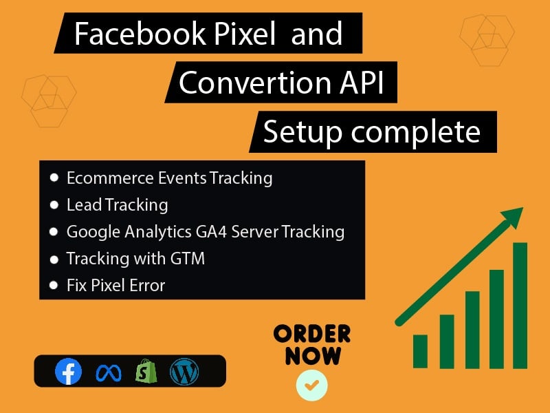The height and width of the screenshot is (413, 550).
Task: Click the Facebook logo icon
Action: [x=68, y=372]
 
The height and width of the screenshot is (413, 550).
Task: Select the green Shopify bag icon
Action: [x=146, y=372]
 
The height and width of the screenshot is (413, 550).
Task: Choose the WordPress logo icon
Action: [x=184, y=372]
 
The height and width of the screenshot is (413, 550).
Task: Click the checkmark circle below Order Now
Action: [x=312, y=385]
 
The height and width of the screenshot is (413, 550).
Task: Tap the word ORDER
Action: [x=312, y=335]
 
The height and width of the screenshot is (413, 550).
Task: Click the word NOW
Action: [x=313, y=356]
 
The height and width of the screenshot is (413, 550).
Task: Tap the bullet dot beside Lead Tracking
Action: [x=54, y=204]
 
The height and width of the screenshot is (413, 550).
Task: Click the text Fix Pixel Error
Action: [x=115, y=285]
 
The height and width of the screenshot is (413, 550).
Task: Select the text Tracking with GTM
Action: [x=135, y=259]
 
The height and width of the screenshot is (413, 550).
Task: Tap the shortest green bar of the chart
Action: [x=420, y=351]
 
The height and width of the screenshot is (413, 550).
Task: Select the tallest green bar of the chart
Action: [x=520, y=305]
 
